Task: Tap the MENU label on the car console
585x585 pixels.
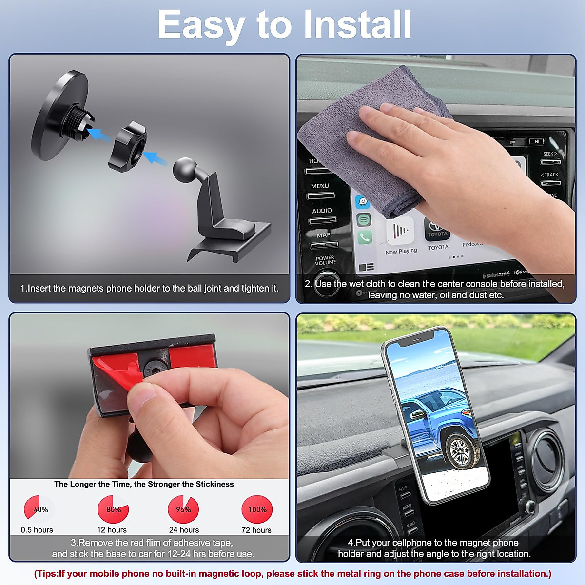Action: [x=320, y=186]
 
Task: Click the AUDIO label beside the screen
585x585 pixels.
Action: [x=322, y=211]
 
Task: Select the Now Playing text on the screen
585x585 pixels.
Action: [x=401, y=251]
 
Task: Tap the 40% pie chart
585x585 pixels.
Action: [x=39, y=509]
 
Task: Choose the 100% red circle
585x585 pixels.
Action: [x=257, y=509]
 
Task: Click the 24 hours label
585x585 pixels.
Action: [x=184, y=530]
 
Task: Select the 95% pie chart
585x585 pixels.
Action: [x=183, y=509]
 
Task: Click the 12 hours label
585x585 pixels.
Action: [x=112, y=530]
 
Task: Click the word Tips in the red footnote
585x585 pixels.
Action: [x=47, y=574]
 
